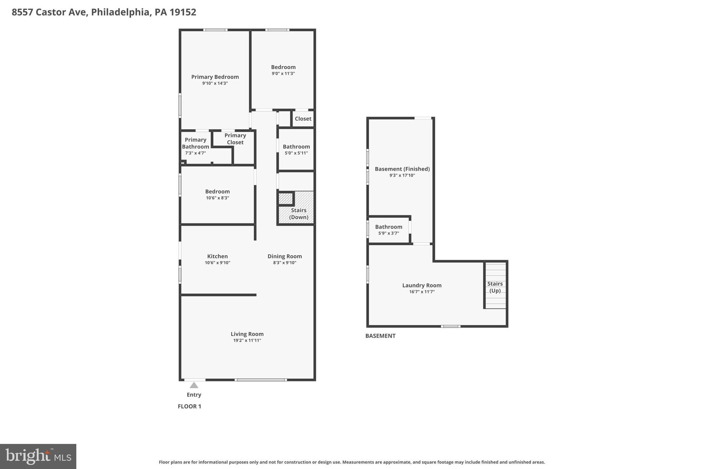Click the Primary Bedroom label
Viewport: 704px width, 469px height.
click(215, 77)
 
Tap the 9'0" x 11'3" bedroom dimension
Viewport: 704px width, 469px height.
click(283, 74)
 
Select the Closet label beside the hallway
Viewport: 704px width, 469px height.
click(303, 119)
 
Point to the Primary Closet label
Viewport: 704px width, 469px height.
click(235, 139)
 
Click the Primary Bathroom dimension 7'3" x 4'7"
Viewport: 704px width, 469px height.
click(195, 153)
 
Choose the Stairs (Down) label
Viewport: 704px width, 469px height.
click(298, 214)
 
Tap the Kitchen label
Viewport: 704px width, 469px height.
click(217, 256)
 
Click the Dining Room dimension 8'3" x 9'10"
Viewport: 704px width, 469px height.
click(284, 263)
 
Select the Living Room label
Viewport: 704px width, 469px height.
click(247, 334)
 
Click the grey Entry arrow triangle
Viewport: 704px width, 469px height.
click(194, 385)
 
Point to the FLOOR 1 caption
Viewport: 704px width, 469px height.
click(189, 406)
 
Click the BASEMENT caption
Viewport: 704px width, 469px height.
click(380, 336)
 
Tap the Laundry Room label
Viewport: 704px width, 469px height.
click(422, 286)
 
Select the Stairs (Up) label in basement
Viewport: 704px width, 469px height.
click(495, 287)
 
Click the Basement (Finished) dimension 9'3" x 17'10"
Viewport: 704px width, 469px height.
click(402, 176)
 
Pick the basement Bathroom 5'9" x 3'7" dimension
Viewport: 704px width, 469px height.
click(388, 233)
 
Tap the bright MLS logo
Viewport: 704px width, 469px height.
click(38, 456)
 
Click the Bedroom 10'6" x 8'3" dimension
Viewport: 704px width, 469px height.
click(217, 198)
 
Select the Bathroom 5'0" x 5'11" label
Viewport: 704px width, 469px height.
click(296, 147)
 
